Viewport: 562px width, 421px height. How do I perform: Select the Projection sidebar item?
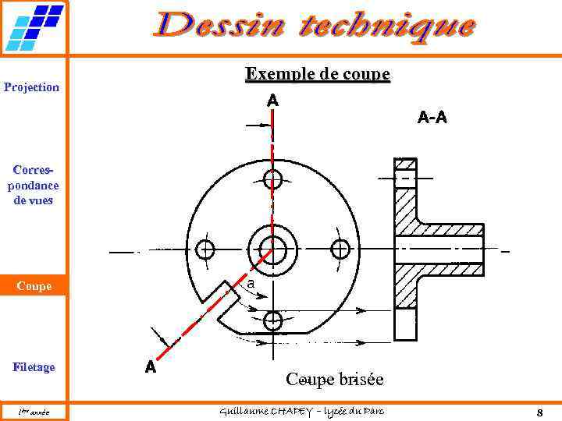coord(31,87)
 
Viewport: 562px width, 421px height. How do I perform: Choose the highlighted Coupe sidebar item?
coord(34,286)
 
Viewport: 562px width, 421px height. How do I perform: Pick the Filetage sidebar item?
coord(34,366)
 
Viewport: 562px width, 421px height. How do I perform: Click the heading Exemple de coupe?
coord(318,74)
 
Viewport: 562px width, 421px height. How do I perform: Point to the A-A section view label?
coord(432,118)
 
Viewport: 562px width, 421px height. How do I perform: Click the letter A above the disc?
coord(272,101)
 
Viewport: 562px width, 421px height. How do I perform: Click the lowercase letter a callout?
coord(251,285)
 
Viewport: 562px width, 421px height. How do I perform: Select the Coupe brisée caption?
coord(335,380)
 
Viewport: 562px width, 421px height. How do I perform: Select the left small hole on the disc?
coord(205,249)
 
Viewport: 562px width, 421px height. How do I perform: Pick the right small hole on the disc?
coord(340,249)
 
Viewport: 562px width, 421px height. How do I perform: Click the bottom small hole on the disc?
coord(272,320)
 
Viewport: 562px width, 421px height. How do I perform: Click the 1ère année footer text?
coord(34,412)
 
